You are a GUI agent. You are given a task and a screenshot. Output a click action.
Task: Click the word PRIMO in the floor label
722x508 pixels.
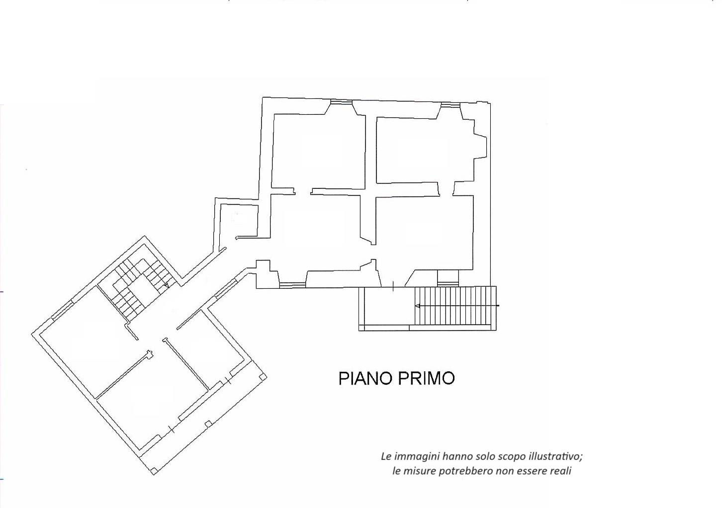click(427, 378)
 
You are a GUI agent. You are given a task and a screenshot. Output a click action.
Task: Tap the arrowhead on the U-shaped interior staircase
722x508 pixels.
click(167, 285)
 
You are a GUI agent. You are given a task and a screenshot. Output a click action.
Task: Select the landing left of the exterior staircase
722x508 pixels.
click(386, 308)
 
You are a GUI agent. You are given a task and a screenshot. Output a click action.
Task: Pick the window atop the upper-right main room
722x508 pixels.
click(451, 105)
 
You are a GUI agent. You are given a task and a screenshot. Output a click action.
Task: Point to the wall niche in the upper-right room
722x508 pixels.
click(480, 147)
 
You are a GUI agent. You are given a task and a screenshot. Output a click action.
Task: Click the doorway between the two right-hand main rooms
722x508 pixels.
click(446, 189)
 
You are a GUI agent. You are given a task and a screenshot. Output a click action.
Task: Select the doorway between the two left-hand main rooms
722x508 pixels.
click(303, 191)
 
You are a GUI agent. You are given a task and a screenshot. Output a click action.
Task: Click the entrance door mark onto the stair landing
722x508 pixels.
click(393, 286)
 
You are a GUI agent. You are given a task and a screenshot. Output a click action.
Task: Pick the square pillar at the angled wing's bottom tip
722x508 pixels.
click(155, 470)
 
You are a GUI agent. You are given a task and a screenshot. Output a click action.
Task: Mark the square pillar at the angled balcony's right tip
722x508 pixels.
click(263, 376)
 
